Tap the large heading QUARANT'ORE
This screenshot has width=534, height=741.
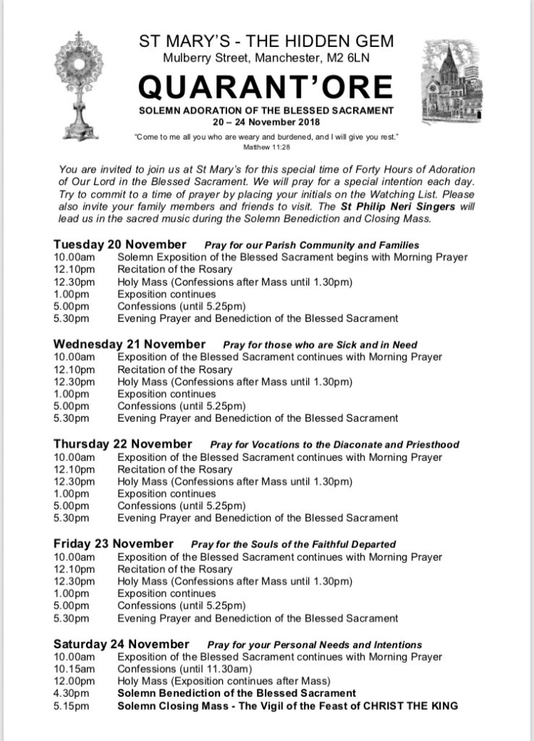(x=267, y=88)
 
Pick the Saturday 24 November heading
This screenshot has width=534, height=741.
(x=122, y=643)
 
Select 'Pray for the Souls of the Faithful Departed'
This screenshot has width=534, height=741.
(x=293, y=544)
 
